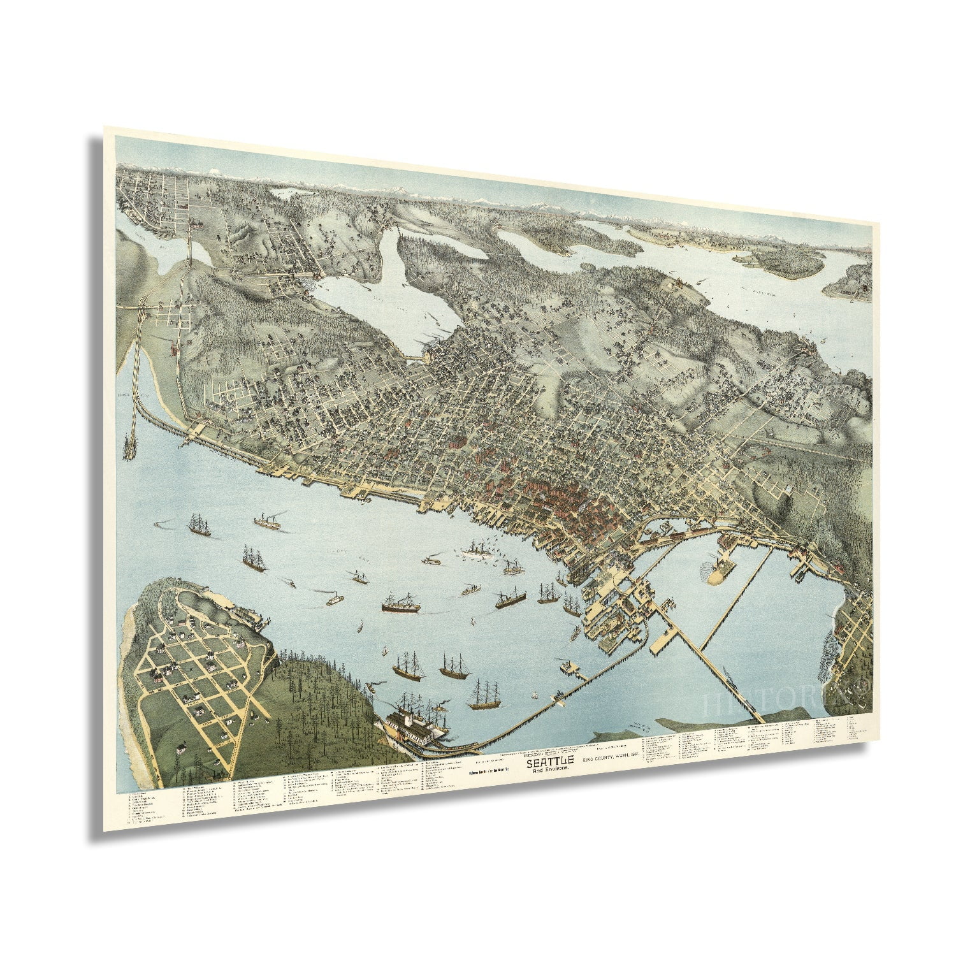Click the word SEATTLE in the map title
click(550, 760)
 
